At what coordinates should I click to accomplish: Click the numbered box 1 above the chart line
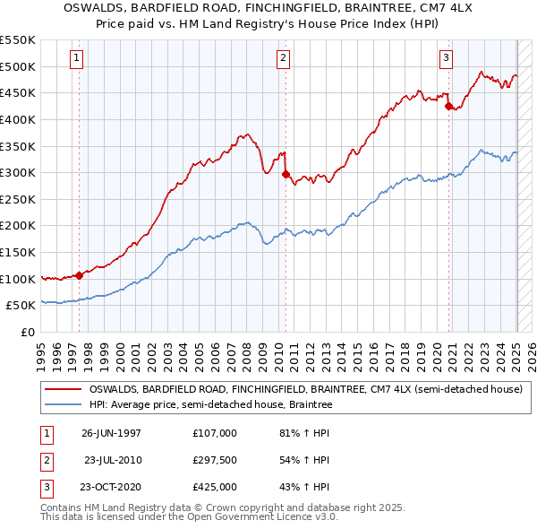click(x=77, y=58)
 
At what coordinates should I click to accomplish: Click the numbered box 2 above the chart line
click(x=283, y=58)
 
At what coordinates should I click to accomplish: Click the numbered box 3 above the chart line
click(x=446, y=58)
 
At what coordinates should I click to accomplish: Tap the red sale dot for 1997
click(x=80, y=275)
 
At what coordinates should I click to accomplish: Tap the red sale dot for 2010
click(x=286, y=175)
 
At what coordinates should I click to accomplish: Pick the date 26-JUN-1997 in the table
click(x=111, y=432)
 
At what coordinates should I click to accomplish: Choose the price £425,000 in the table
click(x=215, y=488)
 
